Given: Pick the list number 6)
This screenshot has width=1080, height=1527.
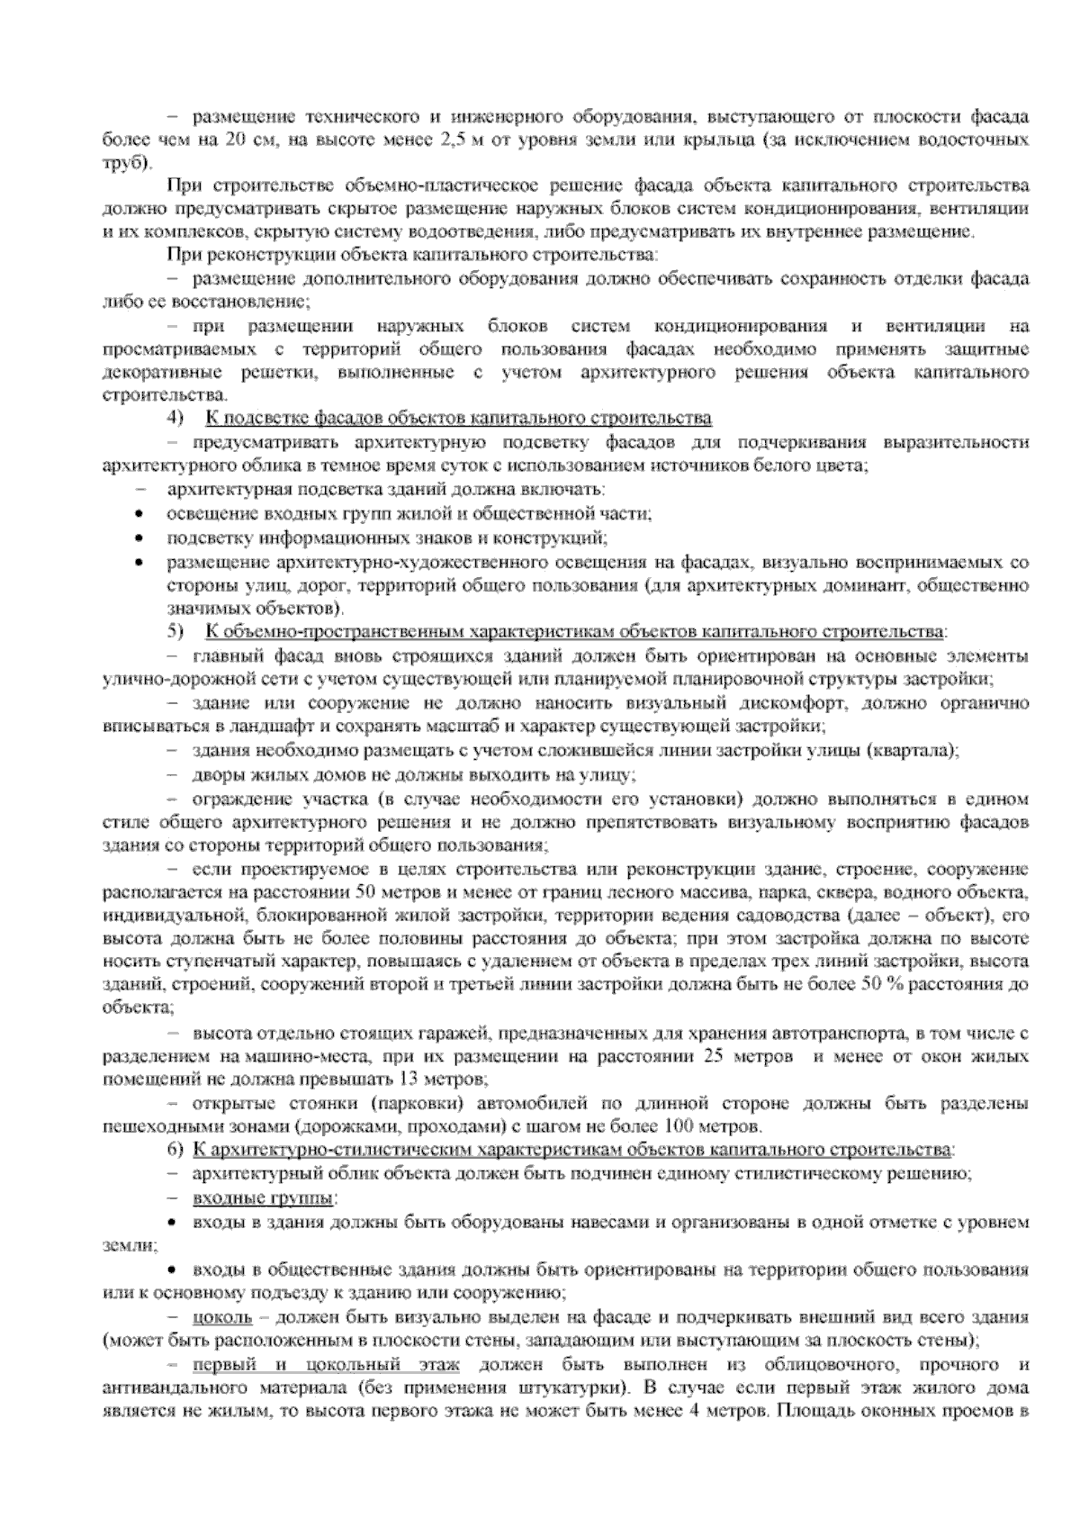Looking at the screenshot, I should pyautogui.click(x=175, y=1150).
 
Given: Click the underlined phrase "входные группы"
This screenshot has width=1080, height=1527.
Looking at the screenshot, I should pyautogui.click(x=264, y=1198).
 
